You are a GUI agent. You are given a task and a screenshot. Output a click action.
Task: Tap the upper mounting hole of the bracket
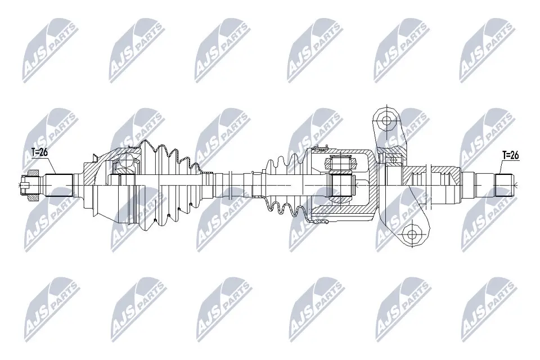(x=385, y=120)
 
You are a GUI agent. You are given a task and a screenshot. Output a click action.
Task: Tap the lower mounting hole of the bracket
(x=411, y=235)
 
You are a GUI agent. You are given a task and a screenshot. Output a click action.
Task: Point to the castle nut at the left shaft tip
(x=26, y=184)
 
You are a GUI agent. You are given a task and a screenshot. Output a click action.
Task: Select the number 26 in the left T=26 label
(x=43, y=151)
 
